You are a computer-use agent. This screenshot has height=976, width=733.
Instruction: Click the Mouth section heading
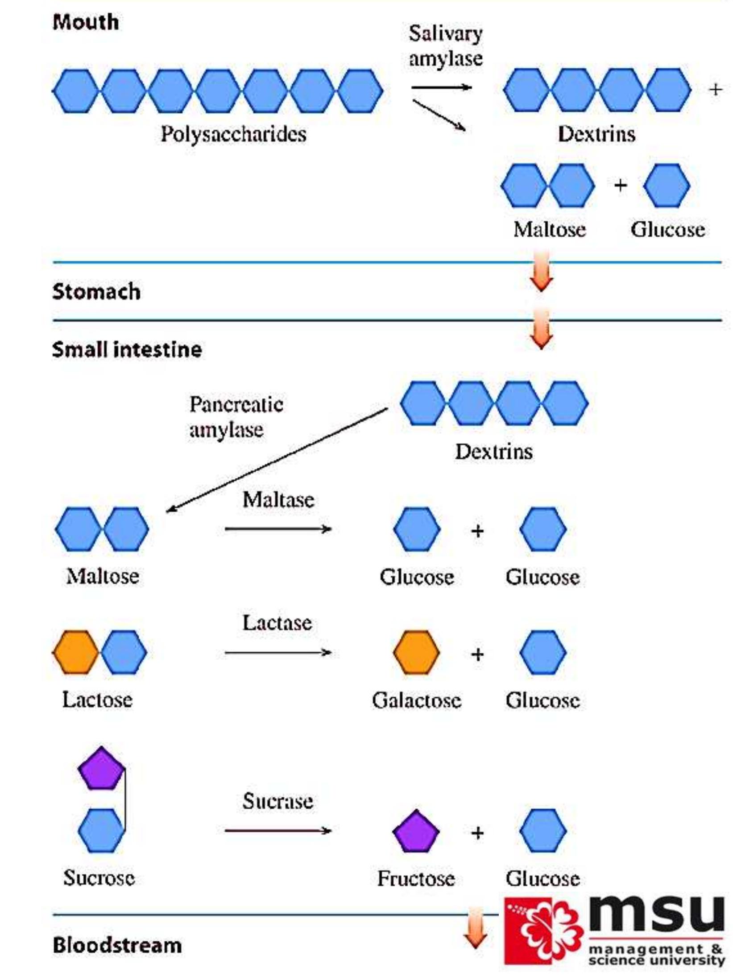[86, 22]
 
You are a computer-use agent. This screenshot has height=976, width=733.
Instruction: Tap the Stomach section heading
[96, 292]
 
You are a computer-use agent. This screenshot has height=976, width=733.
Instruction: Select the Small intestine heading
[127, 349]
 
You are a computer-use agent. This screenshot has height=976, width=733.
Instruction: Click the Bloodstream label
[117, 945]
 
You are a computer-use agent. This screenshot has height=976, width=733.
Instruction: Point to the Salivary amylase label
[445, 46]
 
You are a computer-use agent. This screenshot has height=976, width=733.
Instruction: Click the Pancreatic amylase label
[236, 417]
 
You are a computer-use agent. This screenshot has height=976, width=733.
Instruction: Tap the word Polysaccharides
[233, 134]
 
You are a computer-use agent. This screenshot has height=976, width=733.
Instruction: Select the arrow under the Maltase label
[278, 529]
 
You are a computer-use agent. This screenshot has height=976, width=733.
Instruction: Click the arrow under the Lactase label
[278, 653]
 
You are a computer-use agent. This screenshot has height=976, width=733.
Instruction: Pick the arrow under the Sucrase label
[278, 831]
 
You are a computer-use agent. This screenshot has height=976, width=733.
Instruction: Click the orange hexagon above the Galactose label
[416, 652]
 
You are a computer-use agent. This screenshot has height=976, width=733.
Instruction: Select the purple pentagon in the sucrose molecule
[101, 769]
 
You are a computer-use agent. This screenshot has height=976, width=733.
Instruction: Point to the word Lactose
[97, 700]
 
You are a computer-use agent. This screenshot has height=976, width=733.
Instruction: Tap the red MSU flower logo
[543, 932]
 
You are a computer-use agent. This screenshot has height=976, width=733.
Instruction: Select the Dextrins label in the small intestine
[493, 452]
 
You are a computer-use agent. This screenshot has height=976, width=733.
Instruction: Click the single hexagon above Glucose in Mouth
[667, 185]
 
